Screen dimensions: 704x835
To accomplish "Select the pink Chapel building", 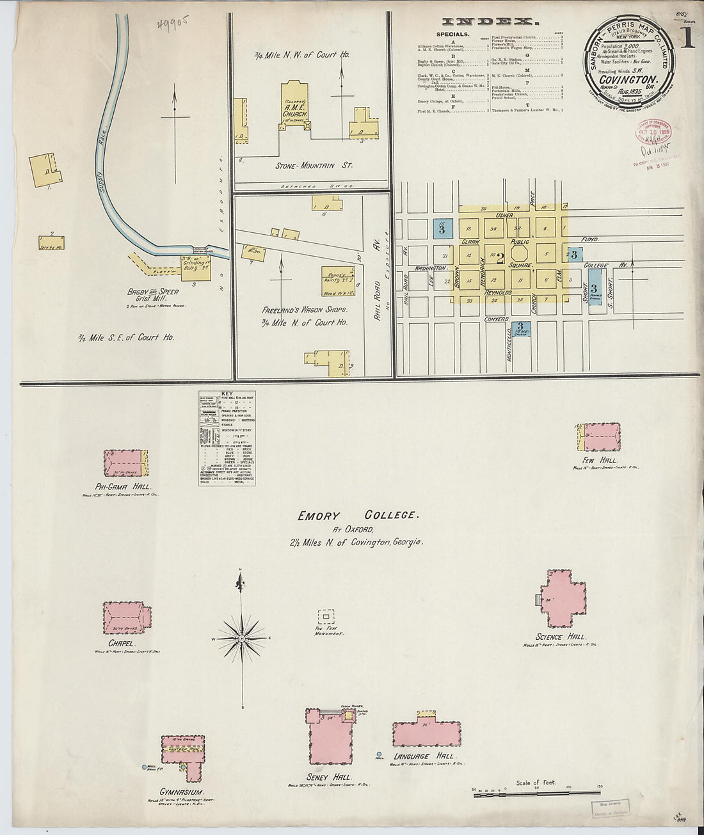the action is pos(127,617).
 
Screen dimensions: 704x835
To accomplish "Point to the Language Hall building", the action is pos(426,733).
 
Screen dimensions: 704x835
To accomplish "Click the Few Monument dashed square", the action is pos(326,616).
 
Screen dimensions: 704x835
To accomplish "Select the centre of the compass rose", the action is pos(243,638).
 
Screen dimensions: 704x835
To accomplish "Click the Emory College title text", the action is pos(357,515).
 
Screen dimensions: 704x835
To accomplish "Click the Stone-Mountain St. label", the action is pos(314,165).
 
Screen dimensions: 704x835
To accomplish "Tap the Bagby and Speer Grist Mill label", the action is pos(153,295).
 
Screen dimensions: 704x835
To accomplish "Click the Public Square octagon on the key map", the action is pos(519,250).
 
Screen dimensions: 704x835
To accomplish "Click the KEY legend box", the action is pos(227,438).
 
